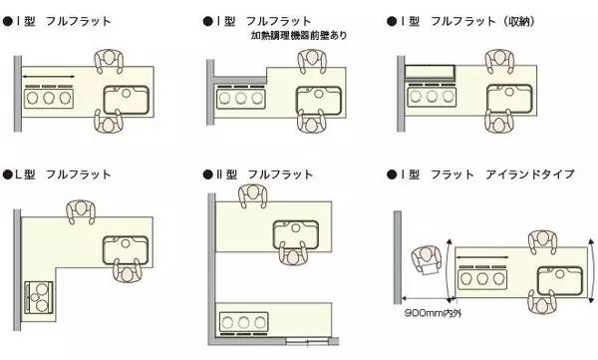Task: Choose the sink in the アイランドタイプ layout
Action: click(x=558, y=278)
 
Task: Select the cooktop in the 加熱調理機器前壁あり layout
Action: click(x=239, y=99)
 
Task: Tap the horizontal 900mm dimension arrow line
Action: click(x=428, y=299)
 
